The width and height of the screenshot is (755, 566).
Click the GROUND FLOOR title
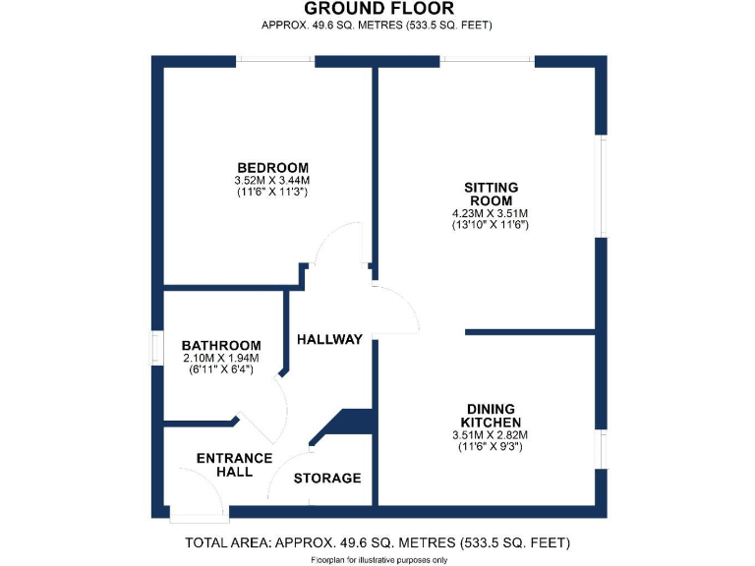[x=378, y=9]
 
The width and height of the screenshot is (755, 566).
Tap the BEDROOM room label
[x=272, y=167]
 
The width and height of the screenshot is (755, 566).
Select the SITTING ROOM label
[x=492, y=194]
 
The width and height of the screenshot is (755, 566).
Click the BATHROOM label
[x=221, y=346]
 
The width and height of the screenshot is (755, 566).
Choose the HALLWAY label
[x=329, y=339]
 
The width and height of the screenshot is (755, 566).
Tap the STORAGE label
[x=328, y=479]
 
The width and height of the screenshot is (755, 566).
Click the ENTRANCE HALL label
[x=233, y=465]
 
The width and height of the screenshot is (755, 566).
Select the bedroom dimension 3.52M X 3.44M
[x=272, y=181]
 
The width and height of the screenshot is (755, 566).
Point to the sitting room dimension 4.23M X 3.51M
[x=491, y=213]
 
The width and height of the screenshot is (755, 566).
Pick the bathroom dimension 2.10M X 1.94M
[x=221, y=359]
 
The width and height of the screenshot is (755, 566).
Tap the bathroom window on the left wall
[x=156, y=349]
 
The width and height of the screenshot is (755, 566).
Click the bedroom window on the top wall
[x=274, y=62]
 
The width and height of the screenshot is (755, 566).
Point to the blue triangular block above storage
[x=349, y=423]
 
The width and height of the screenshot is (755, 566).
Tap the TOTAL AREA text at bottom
[x=377, y=542]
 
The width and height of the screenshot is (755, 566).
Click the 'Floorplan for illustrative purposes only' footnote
[x=378, y=559]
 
